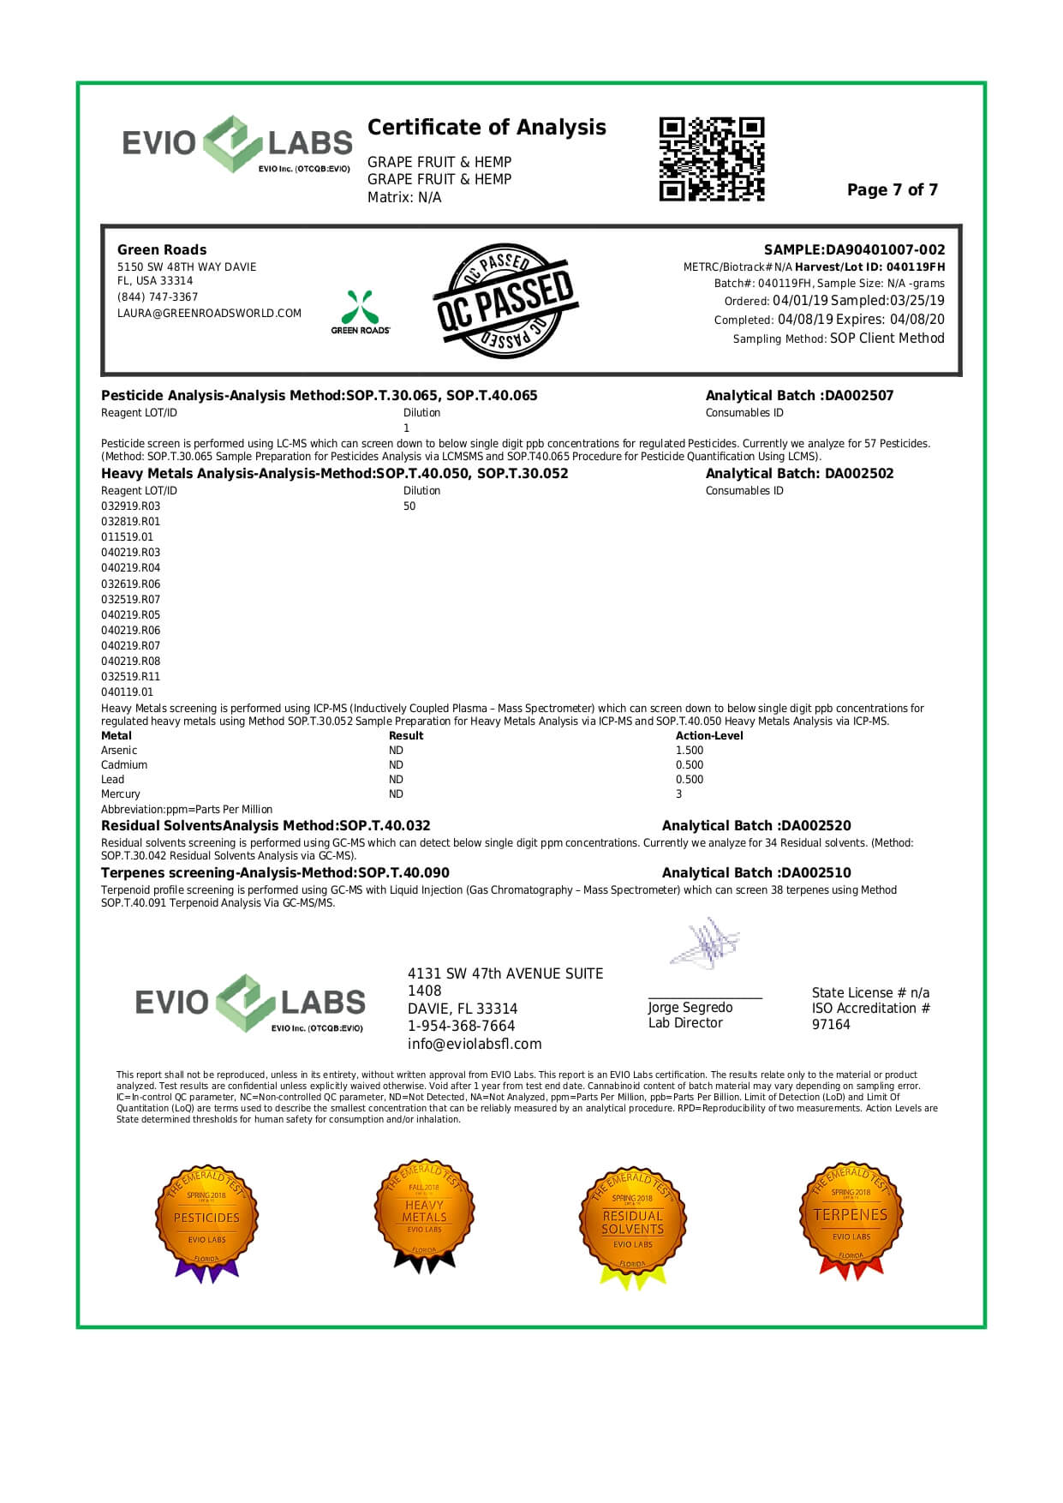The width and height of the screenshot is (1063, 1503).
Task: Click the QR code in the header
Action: pos(711,159)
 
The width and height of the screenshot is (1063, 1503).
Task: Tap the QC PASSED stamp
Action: pos(504,301)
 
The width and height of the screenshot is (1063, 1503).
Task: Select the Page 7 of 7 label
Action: pos(892,190)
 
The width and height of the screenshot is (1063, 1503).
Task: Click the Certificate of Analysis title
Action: pos(487,128)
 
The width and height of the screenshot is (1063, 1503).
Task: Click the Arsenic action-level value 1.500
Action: pos(690,751)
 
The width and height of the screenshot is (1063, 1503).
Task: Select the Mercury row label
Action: pos(121,794)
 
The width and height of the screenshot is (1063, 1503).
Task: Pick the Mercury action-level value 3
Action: pos(679,794)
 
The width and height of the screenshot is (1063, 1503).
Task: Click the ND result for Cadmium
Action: pos(396,765)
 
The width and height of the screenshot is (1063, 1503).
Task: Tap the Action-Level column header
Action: pos(709,736)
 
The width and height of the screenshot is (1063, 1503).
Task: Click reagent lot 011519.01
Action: pos(128,537)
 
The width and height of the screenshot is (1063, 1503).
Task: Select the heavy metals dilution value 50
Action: pos(409,506)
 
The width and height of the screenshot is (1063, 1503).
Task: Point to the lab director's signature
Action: pos(705,943)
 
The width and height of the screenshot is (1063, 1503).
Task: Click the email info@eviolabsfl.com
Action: pos(475,1044)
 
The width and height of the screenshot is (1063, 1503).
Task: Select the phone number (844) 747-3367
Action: pos(158,297)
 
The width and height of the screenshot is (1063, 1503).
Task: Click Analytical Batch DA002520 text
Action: pos(756,826)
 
